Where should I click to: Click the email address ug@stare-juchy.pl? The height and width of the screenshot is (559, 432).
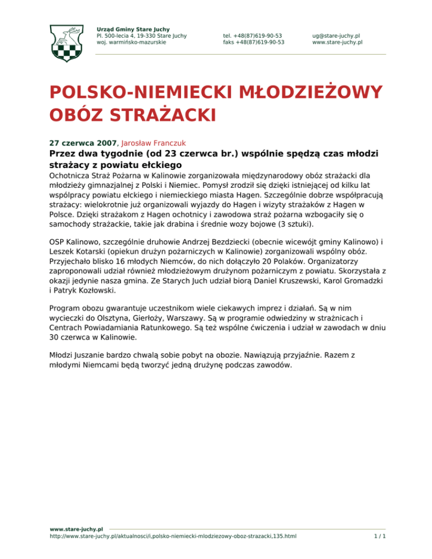tap(337, 35)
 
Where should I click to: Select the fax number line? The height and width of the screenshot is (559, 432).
tap(253, 42)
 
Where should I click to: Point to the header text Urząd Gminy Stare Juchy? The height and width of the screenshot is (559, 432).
tap(133, 29)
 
